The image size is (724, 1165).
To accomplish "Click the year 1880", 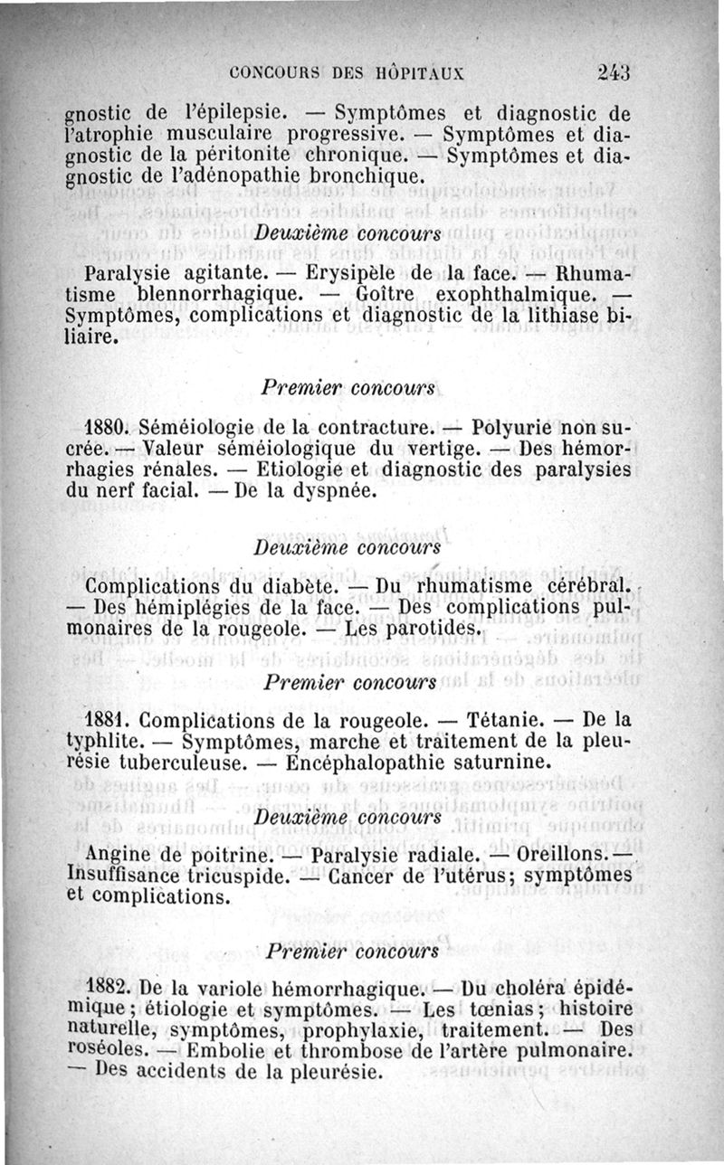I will coord(110,427).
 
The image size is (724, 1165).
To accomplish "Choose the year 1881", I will coord(110,722).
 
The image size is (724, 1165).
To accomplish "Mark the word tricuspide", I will coord(234,876).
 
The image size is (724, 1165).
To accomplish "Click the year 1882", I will coord(110,988).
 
